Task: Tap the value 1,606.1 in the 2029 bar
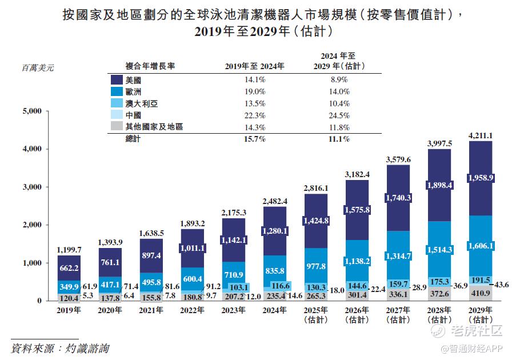coord(481,245)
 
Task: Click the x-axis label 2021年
coord(151,310)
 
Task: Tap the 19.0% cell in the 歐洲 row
coord(254,92)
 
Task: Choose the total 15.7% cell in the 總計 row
coord(254,139)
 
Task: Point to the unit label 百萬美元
coord(37,67)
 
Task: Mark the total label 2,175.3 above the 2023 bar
coord(234,213)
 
